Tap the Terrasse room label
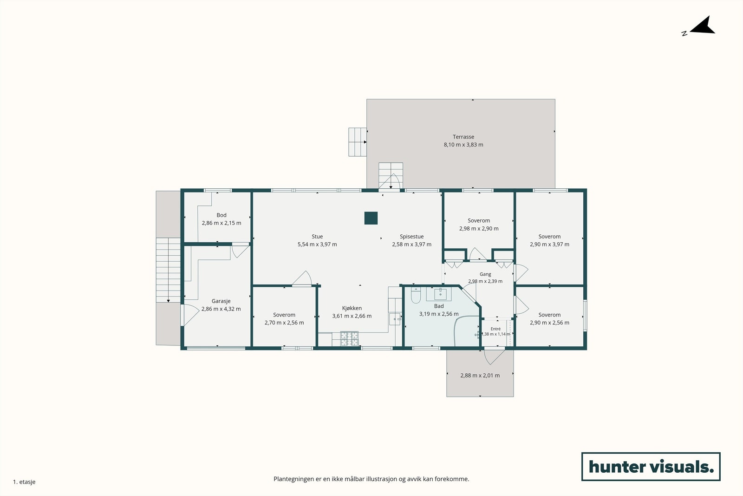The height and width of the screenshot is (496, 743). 463,137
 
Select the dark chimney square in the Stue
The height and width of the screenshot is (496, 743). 371,218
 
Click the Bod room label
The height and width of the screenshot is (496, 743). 221,215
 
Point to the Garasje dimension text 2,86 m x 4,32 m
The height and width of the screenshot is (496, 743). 221,309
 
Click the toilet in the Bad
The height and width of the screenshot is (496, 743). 416,295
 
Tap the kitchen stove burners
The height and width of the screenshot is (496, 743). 350,338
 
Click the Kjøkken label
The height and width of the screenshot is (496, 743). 352,308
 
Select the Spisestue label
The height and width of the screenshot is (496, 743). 411,237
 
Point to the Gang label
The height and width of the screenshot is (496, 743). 485,274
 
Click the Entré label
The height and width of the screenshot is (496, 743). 495,329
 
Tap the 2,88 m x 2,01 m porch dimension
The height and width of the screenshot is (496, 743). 480,376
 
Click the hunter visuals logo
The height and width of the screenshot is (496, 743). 651,466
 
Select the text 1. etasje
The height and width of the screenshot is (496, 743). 24,482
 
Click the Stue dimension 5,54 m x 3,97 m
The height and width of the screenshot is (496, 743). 317,245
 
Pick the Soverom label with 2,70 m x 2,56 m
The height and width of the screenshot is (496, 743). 284,315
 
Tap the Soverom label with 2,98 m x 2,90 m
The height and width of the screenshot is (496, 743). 479,220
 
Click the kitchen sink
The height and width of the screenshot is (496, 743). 395,319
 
